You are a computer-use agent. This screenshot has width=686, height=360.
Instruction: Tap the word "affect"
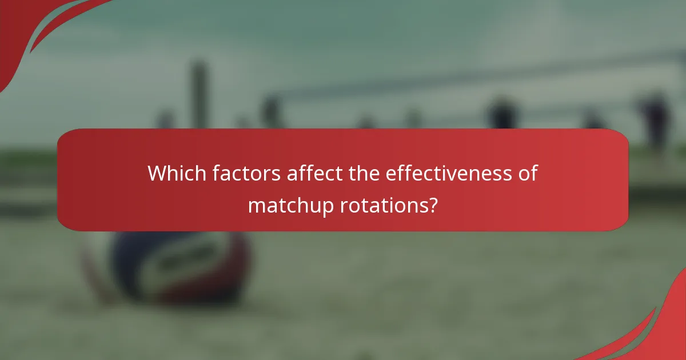[x=314, y=173]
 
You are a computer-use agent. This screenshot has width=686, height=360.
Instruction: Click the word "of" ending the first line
[x=528, y=173]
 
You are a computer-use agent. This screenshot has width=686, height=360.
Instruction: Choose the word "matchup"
[x=291, y=205]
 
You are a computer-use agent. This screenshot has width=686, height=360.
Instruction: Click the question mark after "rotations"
[x=433, y=204]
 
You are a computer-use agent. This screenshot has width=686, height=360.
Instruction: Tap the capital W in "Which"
[x=155, y=173]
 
